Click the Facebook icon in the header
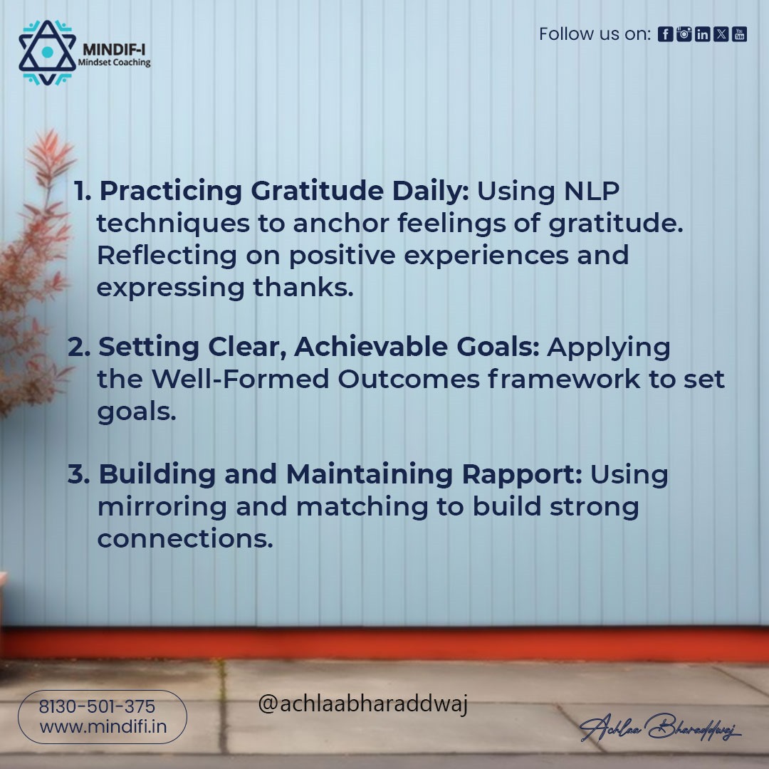(665, 34)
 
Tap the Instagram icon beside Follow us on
(684, 34)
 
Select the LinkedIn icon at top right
(702, 34)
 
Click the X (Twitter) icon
(721, 34)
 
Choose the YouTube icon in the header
(739, 34)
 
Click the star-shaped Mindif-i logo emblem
(47, 53)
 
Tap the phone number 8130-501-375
(97, 707)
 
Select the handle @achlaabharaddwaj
(362, 705)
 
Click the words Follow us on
(594, 34)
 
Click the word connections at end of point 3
(184, 539)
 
